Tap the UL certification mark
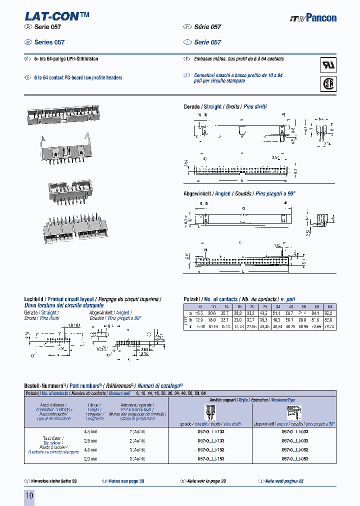coord(328,65)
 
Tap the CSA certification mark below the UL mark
coord(328,84)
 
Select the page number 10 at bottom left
coord(29,495)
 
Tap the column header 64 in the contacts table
coord(329,306)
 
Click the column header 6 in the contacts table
coord(200,306)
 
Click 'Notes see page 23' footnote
coord(126,481)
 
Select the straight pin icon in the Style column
coord(210,413)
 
